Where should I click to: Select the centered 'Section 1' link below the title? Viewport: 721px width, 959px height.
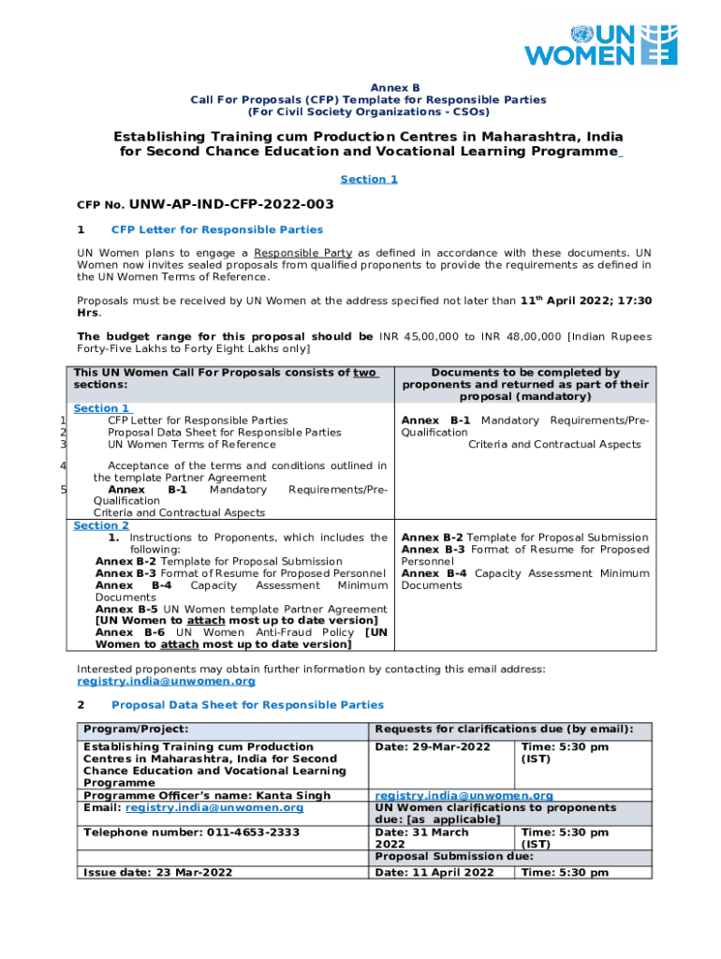click(x=368, y=179)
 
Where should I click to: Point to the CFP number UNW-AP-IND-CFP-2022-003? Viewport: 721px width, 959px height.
click(x=231, y=204)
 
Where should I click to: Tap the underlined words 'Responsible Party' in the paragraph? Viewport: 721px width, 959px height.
click(x=302, y=253)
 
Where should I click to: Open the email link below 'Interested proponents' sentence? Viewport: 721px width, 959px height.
click(x=166, y=682)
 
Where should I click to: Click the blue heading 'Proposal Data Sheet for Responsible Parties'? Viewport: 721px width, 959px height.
click(x=247, y=704)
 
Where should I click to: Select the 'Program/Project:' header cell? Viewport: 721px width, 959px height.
click(x=136, y=729)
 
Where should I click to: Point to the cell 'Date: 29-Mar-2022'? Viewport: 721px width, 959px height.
click(x=433, y=747)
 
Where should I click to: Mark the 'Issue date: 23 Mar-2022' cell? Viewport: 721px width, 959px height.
click(x=157, y=873)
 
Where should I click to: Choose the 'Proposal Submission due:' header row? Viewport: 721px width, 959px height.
click(x=453, y=857)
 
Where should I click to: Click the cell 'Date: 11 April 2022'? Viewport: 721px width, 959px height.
click(x=434, y=873)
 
